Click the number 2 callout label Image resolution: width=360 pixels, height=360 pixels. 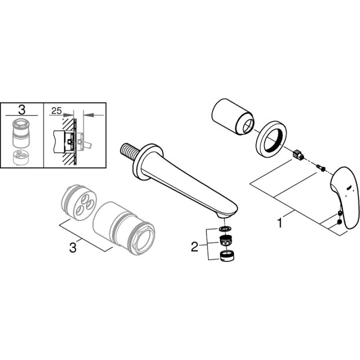(x=194, y=247)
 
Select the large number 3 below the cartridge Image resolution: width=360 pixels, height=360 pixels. (x=73, y=248)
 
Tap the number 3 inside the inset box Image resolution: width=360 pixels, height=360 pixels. (x=22, y=110)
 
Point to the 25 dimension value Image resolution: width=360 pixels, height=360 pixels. (x=57, y=111)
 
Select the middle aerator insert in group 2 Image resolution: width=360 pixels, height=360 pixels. (x=226, y=240)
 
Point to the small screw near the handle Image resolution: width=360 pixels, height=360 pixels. (x=321, y=168)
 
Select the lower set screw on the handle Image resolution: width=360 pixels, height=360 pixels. (x=340, y=222)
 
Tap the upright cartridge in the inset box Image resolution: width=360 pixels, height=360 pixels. (x=21, y=133)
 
